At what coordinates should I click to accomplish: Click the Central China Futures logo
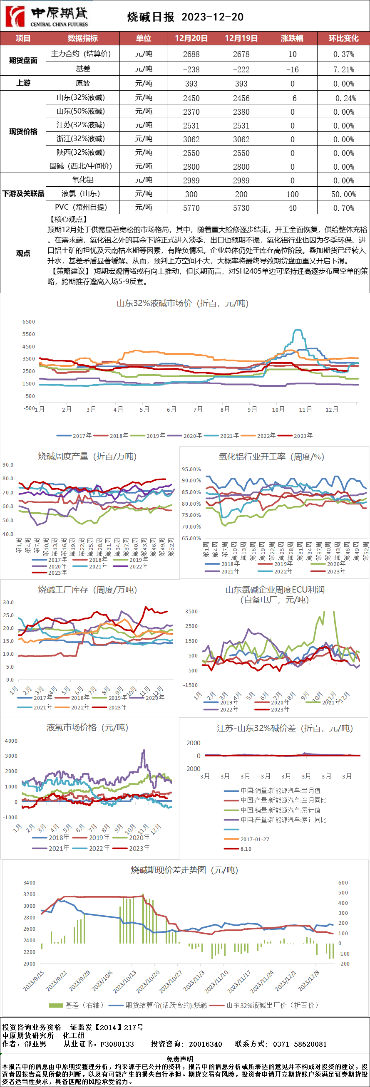[47, 17]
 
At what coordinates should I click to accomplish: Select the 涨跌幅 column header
[292, 38]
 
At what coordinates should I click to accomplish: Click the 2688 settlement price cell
[191, 54]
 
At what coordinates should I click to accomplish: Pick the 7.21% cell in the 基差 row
[343, 69]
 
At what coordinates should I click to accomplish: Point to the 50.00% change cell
[343, 194]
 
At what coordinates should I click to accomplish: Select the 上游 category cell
[23, 83]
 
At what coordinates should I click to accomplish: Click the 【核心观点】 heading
[68, 220]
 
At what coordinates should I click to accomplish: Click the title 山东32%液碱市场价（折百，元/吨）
[182, 304]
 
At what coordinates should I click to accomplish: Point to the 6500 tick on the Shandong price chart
[29, 322]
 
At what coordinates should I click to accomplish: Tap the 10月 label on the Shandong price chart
[278, 409]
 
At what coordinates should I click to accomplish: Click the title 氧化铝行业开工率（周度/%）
[271, 457]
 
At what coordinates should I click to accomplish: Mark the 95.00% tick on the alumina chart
[191, 469]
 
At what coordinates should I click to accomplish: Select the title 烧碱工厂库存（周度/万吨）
[87, 590]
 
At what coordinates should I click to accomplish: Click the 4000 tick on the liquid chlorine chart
[11, 741]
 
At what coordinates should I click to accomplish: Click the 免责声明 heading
[180, 1059]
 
